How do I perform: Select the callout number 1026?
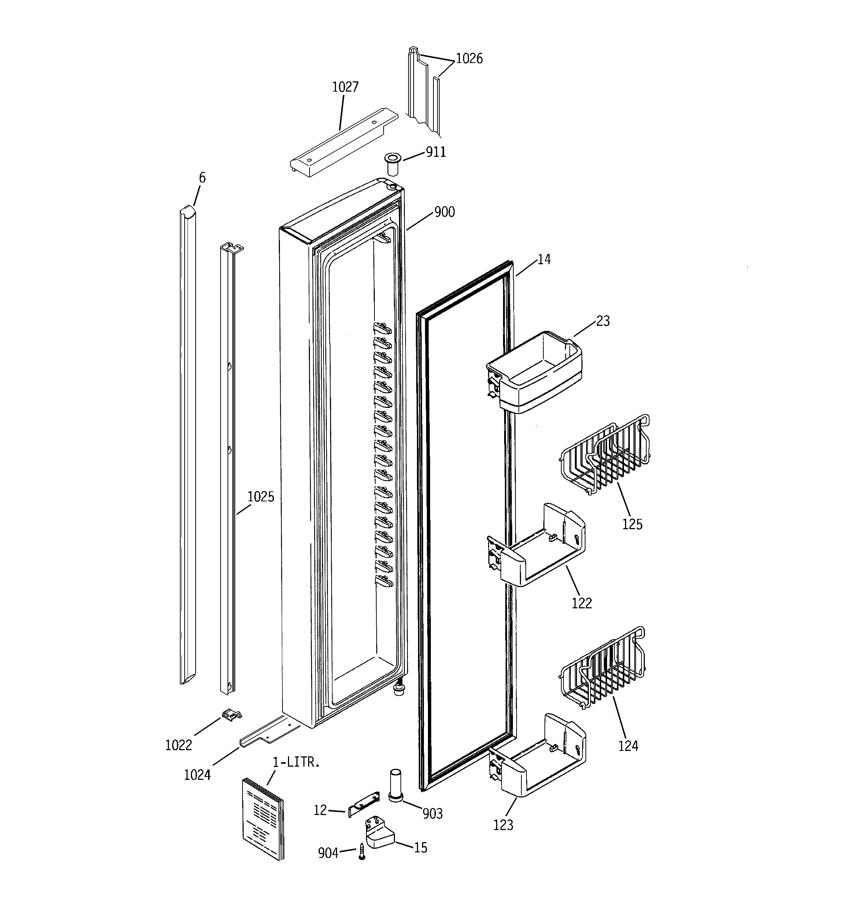coord(469,58)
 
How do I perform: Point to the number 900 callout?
coord(444,212)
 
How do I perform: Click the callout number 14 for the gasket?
coord(544,259)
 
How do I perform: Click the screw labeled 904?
coord(362,851)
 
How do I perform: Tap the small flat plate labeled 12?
coord(364,805)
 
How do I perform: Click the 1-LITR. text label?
coord(296,762)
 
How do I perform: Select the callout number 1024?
coord(197,775)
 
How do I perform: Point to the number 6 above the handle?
coord(202,177)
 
